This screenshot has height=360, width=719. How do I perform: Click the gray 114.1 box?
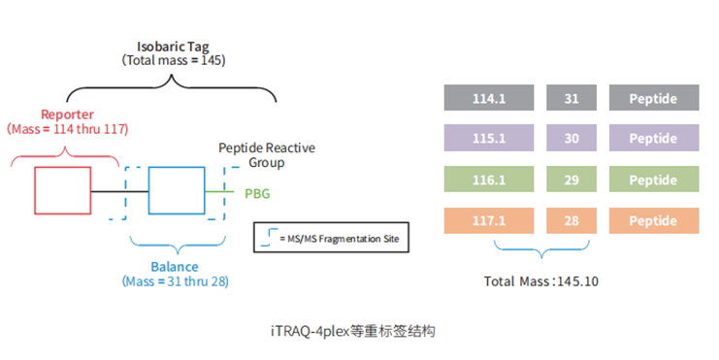488,99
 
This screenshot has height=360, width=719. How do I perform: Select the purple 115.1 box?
488,140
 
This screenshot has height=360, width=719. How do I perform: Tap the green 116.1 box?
488,180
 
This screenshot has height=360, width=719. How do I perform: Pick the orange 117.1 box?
488,221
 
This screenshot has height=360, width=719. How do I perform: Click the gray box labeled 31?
572,99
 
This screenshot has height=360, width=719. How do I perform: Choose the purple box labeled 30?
572,140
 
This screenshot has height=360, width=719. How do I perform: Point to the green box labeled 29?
572,180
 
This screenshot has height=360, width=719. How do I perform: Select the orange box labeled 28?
572,221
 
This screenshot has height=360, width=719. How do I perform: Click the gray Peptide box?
654,99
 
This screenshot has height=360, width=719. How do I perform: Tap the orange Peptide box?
654,221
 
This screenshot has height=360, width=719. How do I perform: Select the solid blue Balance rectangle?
177,190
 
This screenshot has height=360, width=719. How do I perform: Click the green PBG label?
257,193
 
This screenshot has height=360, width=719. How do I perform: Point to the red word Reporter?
67,114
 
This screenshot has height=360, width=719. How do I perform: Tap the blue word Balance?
175,267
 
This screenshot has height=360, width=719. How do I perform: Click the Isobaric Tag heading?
173,46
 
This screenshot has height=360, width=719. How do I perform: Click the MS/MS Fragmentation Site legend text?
340,238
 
